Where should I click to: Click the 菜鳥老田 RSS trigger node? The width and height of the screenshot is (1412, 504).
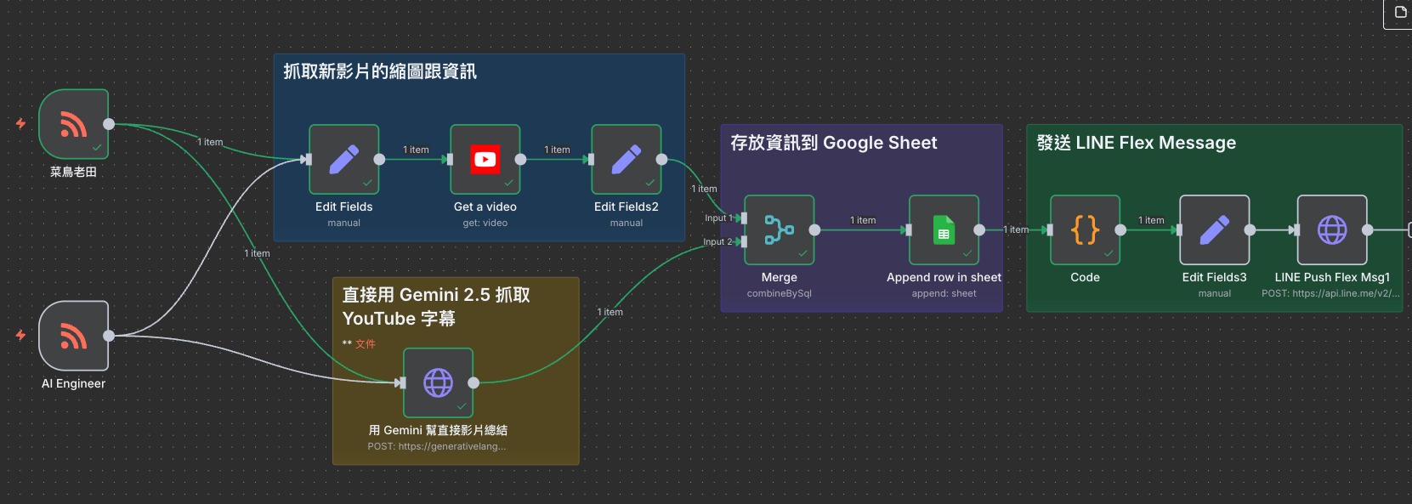[x=74, y=124]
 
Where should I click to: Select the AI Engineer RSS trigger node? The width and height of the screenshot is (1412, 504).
[x=74, y=336]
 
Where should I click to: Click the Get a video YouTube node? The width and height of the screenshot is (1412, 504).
[x=485, y=160]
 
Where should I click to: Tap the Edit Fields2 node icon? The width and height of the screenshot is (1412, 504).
[x=626, y=160]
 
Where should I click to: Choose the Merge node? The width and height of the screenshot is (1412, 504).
[x=780, y=230]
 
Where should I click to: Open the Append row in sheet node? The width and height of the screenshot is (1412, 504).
[x=944, y=230]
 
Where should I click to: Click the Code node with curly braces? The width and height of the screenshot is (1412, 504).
[x=1085, y=230]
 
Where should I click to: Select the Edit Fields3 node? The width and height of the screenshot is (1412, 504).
[x=1214, y=230]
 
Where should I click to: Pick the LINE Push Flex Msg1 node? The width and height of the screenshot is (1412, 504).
[x=1332, y=230]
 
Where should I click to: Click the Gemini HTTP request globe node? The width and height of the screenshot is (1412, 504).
[x=438, y=382]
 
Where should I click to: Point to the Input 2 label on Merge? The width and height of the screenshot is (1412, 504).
[x=717, y=241]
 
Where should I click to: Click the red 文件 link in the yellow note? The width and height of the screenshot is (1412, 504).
[x=365, y=344]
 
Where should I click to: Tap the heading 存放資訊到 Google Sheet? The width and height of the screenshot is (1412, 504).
[x=833, y=143]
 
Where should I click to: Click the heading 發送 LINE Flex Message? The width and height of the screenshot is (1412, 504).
[x=1136, y=143]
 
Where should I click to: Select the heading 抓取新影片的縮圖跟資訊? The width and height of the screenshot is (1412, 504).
[x=379, y=72]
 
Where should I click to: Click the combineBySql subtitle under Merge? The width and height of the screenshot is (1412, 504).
[x=780, y=293]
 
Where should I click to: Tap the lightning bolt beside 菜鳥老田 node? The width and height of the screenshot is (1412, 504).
[x=20, y=123]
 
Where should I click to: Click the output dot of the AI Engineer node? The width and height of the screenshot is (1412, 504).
[x=109, y=336]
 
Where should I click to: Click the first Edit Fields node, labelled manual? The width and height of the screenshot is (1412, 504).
[x=343, y=160]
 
